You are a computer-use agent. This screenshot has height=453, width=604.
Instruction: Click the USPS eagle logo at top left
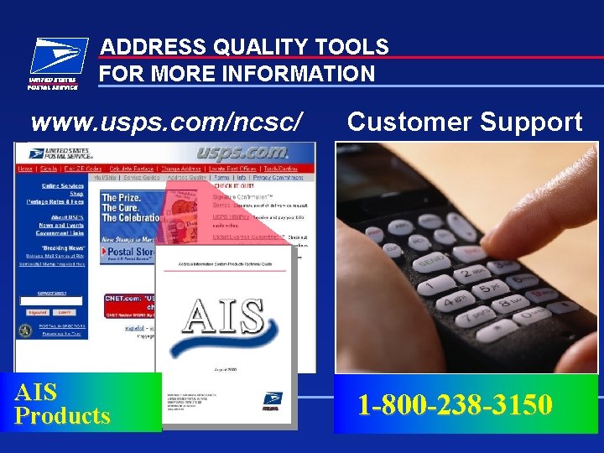click(54, 62)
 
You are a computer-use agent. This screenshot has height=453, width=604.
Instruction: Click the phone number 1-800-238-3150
click(455, 405)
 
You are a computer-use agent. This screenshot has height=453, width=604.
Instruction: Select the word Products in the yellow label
click(63, 416)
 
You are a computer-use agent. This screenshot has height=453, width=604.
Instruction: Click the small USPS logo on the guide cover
click(273, 401)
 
